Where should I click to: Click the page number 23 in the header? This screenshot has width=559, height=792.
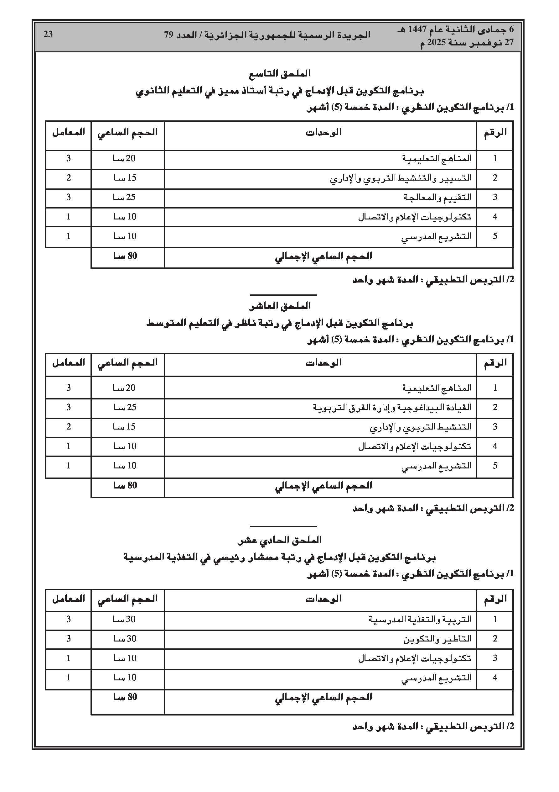48,34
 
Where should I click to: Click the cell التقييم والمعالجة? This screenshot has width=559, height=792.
437,198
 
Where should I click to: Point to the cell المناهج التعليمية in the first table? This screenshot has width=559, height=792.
437,159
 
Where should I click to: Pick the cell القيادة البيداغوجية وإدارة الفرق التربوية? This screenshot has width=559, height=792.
392,407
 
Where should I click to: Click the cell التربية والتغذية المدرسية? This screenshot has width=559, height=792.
420,620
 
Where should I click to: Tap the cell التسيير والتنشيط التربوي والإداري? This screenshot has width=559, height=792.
401,178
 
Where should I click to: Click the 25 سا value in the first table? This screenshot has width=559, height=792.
124,198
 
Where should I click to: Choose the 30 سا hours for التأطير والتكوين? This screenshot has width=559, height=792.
124,639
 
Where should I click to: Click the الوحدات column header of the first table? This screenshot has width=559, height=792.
323,132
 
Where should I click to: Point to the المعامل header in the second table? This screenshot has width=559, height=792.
69,363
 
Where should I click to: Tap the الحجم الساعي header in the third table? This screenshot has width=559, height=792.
127,599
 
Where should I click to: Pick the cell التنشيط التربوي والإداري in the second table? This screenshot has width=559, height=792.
421,427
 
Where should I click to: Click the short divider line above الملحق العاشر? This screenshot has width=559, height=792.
283,295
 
